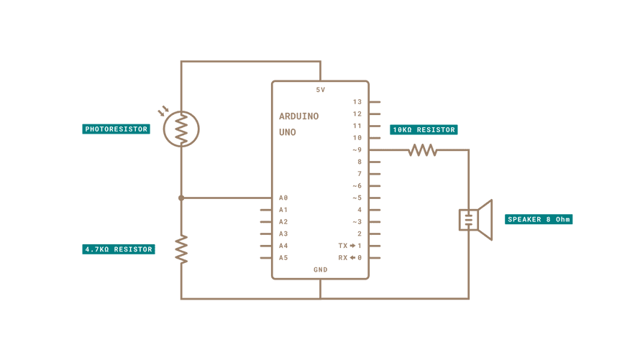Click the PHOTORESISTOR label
(x=116, y=129)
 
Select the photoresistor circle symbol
(x=181, y=129)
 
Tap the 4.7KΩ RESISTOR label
(x=119, y=249)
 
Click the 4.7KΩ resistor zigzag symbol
(x=181, y=249)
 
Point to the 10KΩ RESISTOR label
(x=424, y=130)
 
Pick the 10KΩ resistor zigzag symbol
(x=423, y=150)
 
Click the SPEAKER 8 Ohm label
(x=539, y=219)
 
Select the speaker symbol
(x=475, y=220)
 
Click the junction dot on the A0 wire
(x=181, y=198)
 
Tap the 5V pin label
(x=321, y=90)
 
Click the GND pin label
(x=321, y=270)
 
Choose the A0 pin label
(x=283, y=198)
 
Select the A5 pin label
(x=283, y=258)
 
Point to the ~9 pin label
(x=357, y=150)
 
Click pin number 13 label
(x=357, y=102)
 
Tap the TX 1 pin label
(x=350, y=246)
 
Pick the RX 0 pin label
(x=350, y=258)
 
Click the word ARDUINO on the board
(x=298, y=116)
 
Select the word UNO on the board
(x=288, y=133)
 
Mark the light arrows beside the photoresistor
(x=163, y=111)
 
